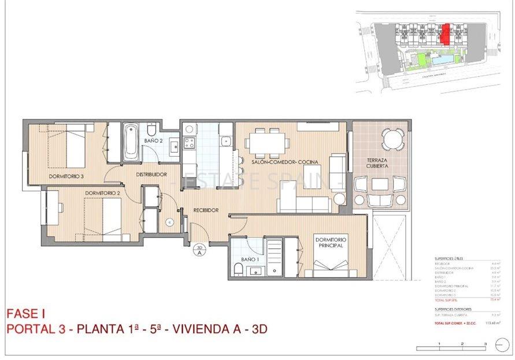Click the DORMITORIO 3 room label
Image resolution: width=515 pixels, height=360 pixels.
coord(66,176)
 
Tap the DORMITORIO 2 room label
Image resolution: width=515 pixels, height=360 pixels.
coord(102,193)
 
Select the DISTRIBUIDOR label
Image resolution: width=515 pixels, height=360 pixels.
coord(151,175)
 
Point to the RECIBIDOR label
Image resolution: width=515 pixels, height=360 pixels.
coord(206,210)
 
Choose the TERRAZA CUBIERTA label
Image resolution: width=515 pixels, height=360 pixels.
coord(377,162)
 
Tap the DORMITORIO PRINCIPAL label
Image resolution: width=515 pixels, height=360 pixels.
coord(330,242)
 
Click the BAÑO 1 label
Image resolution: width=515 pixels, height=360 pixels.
coord(250,259)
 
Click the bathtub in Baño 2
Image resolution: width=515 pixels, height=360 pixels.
coord(131,142)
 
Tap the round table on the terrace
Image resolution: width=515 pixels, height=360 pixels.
coord(393,139)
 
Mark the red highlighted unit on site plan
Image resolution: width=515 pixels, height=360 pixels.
coord(445,33)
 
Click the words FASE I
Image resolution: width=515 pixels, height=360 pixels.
coord(26,314)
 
